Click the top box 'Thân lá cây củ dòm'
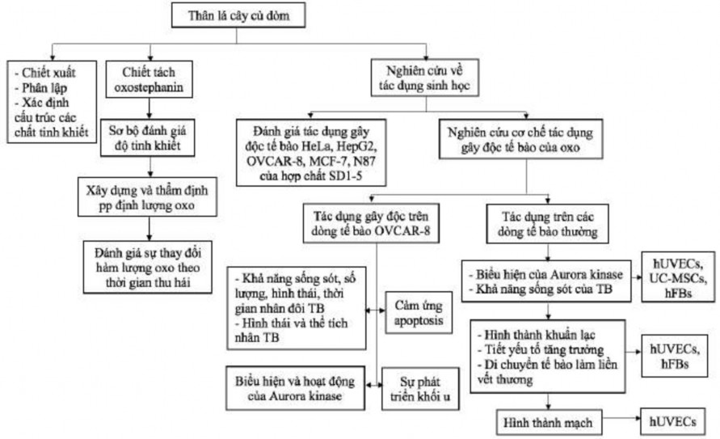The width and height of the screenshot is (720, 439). pyautogui.click(x=240, y=15)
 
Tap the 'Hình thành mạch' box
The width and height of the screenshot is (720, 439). pyautogui.click(x=549, y=421)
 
